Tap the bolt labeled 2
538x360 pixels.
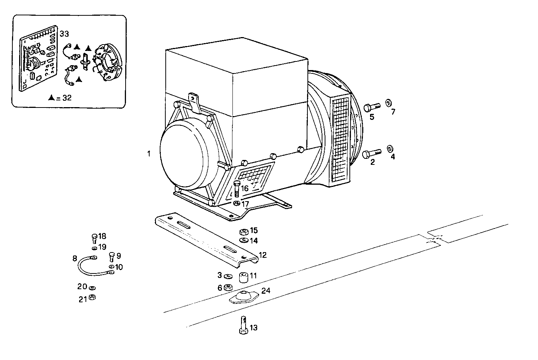(371, 153)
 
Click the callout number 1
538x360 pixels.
(149, 154)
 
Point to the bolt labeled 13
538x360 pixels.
(243, 324)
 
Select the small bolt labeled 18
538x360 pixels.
(94, 238)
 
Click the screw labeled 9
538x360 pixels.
(111, 257)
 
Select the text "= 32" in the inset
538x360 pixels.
(64, 98)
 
